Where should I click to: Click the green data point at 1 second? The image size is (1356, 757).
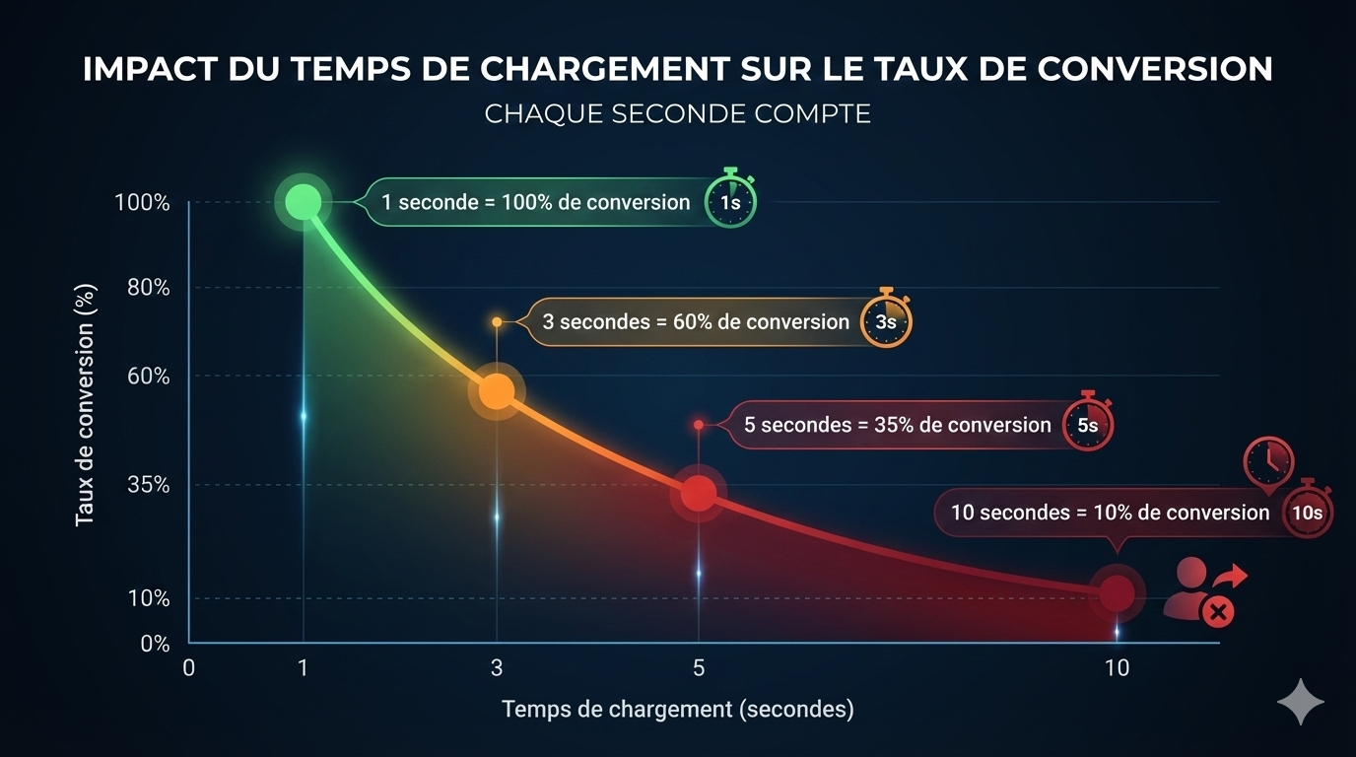[x=303, y=202]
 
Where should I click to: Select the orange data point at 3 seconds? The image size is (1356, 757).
[x=497, y=390]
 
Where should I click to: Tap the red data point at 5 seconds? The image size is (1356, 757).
[x=699, y=492]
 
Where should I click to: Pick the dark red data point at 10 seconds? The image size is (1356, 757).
[x=1117, y=592]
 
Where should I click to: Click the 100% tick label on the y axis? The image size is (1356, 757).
[x=142, y=203]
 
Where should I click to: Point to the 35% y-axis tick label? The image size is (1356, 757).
[x=148, y=485]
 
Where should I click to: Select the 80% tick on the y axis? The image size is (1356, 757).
[x=148, y=288]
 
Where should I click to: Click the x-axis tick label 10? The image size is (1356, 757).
[x=1117, y=668]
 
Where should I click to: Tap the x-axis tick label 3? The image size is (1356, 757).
[x=497, y=668]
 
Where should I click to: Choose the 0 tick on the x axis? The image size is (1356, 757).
[x=189, y=668]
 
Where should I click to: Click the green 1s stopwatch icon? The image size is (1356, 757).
[x=730, y=201]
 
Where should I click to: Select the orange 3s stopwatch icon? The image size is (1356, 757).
[x=886, y=320]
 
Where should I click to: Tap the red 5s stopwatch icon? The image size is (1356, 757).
[x=1087, y=425]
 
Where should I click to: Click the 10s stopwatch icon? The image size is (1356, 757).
[x=1308, y=512]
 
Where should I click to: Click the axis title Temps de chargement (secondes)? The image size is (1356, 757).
[x=677, y=709]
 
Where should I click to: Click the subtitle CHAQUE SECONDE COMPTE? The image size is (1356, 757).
[x=677, y=113]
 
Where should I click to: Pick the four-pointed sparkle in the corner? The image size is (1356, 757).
[x=1301, y=701]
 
